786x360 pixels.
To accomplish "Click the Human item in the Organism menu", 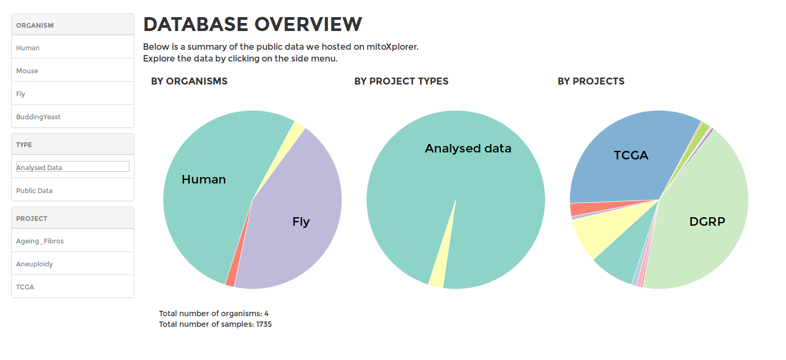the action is coord(28,48).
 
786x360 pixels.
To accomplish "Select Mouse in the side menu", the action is coord(27,71).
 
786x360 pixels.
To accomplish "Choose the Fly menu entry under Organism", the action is coord(20,94).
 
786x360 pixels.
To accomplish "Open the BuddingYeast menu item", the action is coord(38,117).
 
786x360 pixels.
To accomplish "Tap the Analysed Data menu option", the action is coord(39,168).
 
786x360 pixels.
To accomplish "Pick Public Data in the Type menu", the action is coord(34,190).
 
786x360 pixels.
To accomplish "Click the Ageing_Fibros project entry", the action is coord(40,241).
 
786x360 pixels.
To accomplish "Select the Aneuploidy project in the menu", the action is coord(34,264).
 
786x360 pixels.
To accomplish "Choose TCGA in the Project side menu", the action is coord(25,287).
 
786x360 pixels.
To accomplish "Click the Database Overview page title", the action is coord(253,24).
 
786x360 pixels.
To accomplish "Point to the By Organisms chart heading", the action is coord(189,81).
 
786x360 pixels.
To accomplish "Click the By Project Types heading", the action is coord(401,81).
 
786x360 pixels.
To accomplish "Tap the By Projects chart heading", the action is coord(591,81).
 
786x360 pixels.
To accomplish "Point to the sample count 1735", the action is coord(264,324).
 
